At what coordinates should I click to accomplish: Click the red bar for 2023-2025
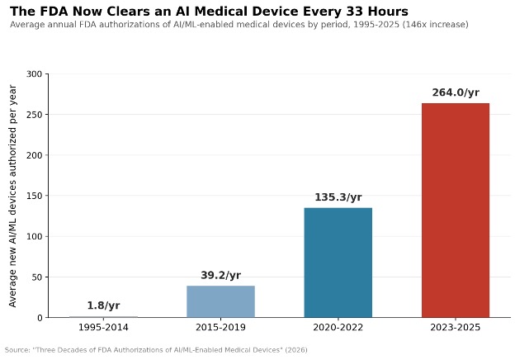coord(456,211)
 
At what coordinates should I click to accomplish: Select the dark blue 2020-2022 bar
coord(338,263)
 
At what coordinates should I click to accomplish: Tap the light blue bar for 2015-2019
coord(220,301)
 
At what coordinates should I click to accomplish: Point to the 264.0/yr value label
coord(456,92)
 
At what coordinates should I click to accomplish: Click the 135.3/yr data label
coord(338,197)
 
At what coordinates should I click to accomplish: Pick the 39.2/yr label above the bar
coord(220,275)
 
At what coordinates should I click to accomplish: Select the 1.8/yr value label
coord(103,306)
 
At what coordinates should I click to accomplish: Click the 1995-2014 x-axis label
coord(103,328)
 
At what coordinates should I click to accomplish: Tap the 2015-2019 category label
coord(220,328)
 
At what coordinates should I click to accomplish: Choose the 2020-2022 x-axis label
coord(338,328)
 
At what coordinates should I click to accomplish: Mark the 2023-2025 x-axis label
coord(456,328)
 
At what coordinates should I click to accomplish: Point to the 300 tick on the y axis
coord(34,74)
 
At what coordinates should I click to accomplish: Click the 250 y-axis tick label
coord(34,115)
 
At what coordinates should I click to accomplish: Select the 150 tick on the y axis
coord(34,196)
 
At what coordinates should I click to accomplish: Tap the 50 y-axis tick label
coord(37,277)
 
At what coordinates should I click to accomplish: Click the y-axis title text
coord(12,196)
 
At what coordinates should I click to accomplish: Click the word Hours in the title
coord(388,12)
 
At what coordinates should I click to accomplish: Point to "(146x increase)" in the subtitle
coord(436,25)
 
